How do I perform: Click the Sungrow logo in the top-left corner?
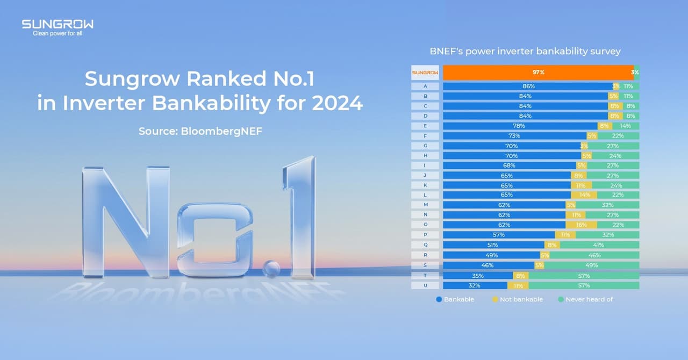[x=58, y=24]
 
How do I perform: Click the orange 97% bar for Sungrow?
[x=538, y=73]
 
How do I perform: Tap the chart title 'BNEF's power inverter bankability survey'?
[x=525, y=51]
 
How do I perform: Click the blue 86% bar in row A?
[x=527, y=86]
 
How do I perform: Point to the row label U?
[x=425, y=285]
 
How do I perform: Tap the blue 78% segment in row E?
[x=520, y=126]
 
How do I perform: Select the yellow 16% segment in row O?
[x=581, y=225]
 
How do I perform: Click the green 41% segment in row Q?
[x=599, y=244]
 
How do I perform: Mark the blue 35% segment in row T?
[x=477, y=276]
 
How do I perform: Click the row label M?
[x=425, y=205]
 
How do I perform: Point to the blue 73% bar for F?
[x=514, y=136]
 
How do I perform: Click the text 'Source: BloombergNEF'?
[x=200, y=131]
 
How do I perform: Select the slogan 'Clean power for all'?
[x=58, y=33]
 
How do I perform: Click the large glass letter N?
[x=125, y=220]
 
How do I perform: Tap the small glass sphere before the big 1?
[x=271, y=268]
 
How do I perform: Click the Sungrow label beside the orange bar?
[x=425, y=73]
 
